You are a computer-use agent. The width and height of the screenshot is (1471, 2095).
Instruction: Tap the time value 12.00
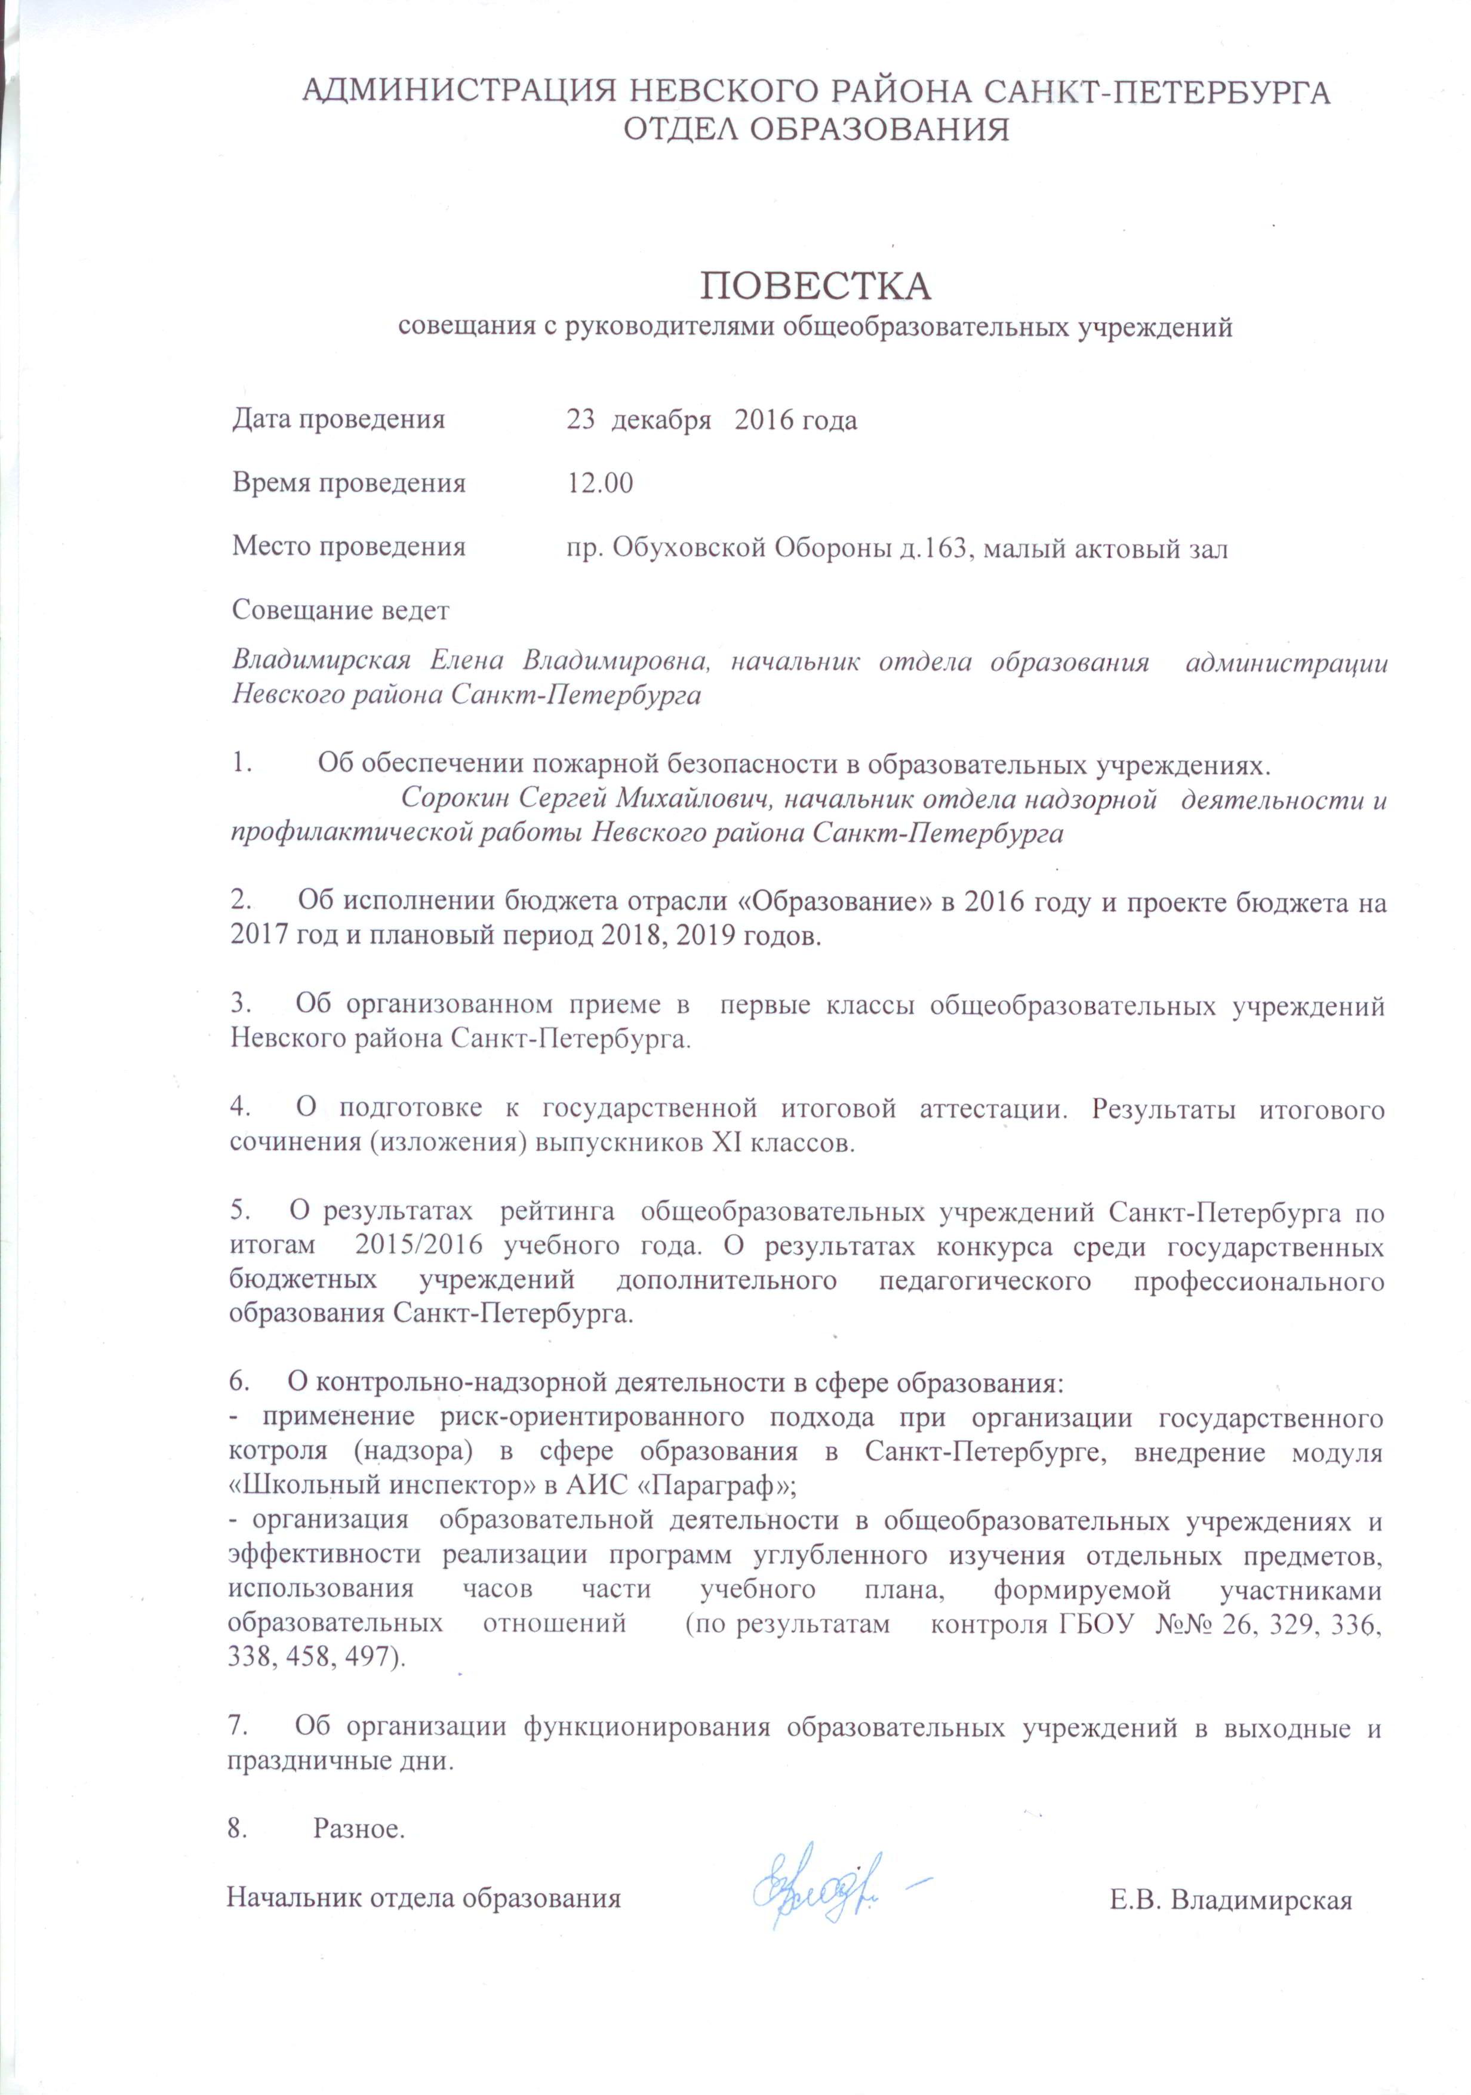(599, 483)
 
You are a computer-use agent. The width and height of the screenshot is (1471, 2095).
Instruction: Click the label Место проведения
(349, 547)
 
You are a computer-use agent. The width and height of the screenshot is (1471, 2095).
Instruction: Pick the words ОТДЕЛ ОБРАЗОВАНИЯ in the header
(816, 130)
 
